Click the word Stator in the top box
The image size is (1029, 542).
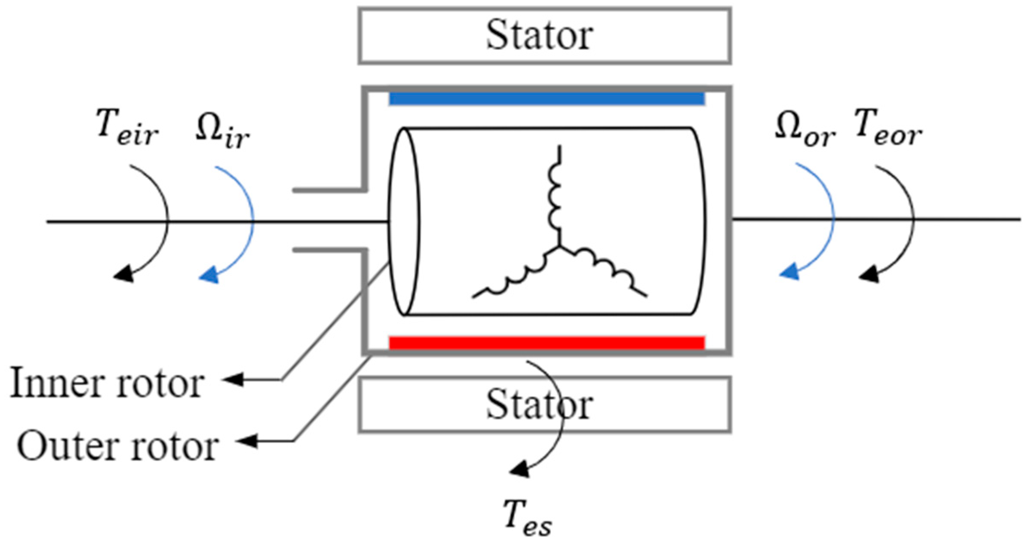(x=539, y=35)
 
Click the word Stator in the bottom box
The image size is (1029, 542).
(x=539, y=405)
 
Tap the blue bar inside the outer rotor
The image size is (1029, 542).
(x=547, y=98)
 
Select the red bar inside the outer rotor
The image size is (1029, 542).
(x=547, y=343)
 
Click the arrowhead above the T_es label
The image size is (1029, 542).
(x=519, y=470)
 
